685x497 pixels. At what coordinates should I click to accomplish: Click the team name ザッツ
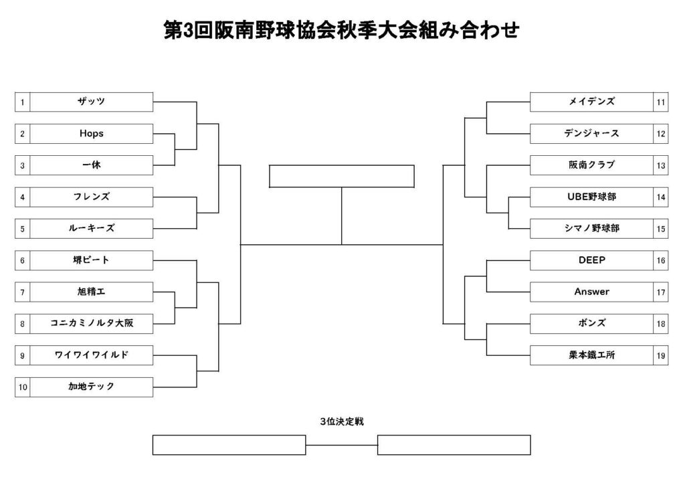pyautogui.click(x=91, y=102)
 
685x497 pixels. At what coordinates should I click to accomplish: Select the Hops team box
pyautogui.click(x=91, y=134)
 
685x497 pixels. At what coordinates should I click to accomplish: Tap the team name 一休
pyautogui.click(x=91, y=165)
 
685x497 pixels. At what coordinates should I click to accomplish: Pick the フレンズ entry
pyautogui.click(x=91, y=197)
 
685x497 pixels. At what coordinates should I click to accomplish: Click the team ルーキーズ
pyautogui.click(x=91, y=228)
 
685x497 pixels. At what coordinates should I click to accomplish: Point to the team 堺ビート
pyautogui.click(x=91, y=260)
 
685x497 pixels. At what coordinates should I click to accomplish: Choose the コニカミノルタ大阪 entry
pyautogui.click(x=91, y=324)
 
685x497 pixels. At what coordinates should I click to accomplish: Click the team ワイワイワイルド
pyautogui.click(x=91, y=355)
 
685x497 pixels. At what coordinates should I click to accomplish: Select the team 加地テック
pyautogui.click(x=91, y=387)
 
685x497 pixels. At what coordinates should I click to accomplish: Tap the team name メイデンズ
pyautogui.click(x=591, y=102)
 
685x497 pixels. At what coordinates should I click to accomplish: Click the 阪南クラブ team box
pyautogui.click(x=591, y=165)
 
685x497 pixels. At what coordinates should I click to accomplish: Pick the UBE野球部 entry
pyautogui.click(x=591, y=197)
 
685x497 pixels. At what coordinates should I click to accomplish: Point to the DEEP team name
pyautogui.click(x=591, y=260)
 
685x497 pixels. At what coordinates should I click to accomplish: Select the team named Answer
pyautogui.click(x=591, y=292)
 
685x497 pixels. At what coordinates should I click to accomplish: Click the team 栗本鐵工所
pyautogui.click(x=591, y=355)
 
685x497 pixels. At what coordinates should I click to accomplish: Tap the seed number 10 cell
pyautogui.click(x=22, y=387)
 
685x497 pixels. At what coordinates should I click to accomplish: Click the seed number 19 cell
pyautogui.click(x=660, y=355)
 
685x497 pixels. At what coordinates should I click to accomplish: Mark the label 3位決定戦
pyautogui.click(x=342, y=421)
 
